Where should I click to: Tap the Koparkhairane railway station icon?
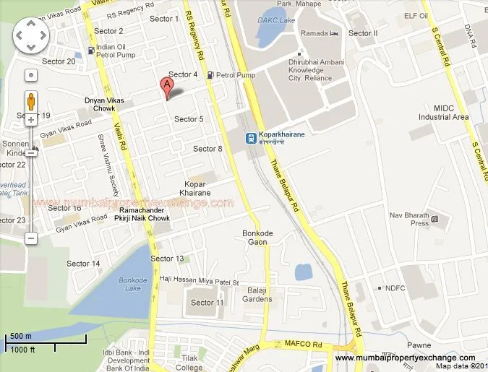(249, 137)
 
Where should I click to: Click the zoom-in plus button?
(31, 119)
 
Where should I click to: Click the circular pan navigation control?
(30, 33)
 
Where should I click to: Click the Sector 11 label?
(208, 303)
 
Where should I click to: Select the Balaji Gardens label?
(257, 294)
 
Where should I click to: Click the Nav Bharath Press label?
(409, 219)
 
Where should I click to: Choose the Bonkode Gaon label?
(256, 237)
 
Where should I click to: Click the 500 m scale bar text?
(20, 337)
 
